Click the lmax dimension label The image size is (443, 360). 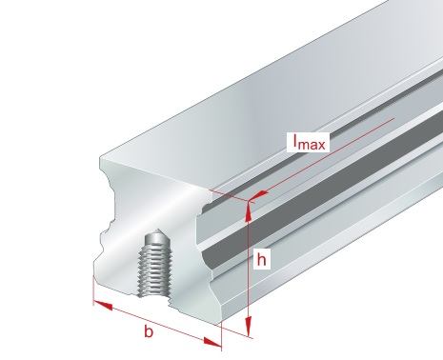309,143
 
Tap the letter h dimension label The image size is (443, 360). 261,259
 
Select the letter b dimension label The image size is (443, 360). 149,331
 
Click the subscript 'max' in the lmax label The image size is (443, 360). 312,145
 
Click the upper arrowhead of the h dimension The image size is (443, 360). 249,211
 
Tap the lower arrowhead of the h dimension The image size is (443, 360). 249,325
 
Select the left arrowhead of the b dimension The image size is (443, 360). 103,305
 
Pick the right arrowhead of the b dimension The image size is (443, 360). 212,343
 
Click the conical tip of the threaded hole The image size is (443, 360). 157,236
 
